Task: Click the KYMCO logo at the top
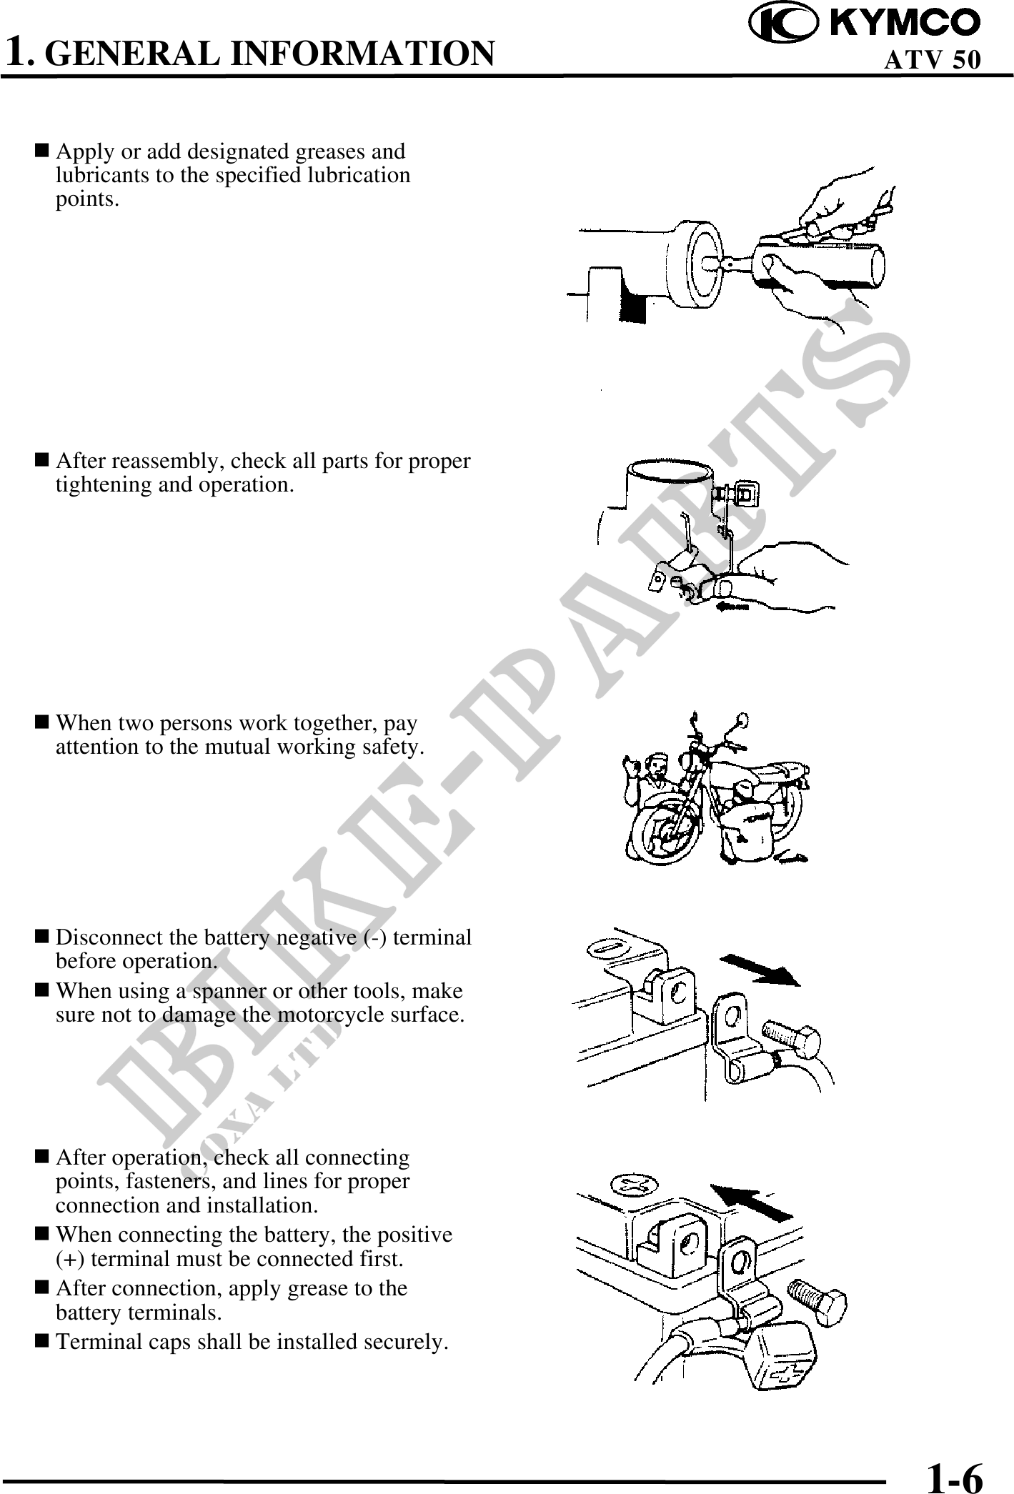click(x=865, y=22)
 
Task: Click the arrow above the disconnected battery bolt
click(x=762, y=969)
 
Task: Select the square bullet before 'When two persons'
click(x=42, y=722)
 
